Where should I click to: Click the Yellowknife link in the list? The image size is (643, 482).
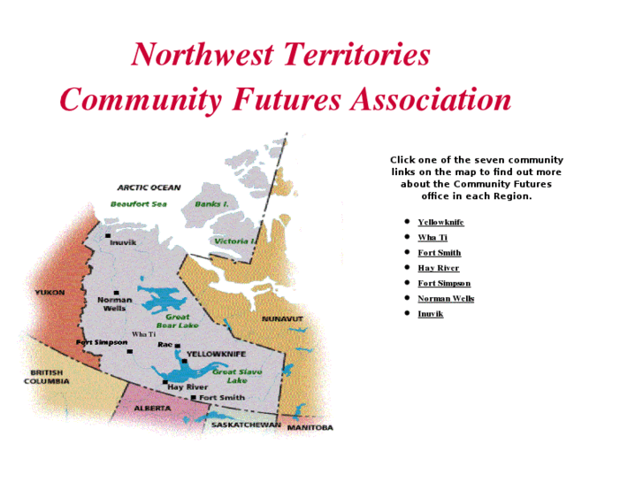[x=440, y=222]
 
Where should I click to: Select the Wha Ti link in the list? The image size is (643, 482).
[x=432, y=237]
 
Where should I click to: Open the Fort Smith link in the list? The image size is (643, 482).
[x=439, y=253]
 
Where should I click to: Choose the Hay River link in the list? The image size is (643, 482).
[x=438, y=268]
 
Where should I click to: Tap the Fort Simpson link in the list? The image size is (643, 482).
[x=444, y=283]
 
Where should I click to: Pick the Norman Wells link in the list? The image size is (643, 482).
[x=446, y=298]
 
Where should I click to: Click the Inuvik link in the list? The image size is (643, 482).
[x=430, y=314]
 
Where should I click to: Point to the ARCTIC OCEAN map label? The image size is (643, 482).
[x=149, y=187]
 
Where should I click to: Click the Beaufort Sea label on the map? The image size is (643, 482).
[x=138, y=204]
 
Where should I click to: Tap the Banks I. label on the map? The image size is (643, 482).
[x=211, y=204]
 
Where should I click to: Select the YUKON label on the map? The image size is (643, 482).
[x=50, y=292]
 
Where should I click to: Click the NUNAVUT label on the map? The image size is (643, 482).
[x=282, y=318]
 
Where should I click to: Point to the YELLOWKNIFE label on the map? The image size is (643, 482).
[x=216, y=354]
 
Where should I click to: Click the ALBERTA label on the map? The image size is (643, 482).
[x=152, y=409]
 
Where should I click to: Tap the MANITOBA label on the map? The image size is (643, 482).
[x=310, y=428]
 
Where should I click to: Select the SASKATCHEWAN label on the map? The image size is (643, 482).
[x=245, y=425]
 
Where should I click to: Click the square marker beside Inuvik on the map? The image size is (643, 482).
[x=108, y=235]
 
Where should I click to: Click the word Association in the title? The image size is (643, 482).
[x=431, y=99]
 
